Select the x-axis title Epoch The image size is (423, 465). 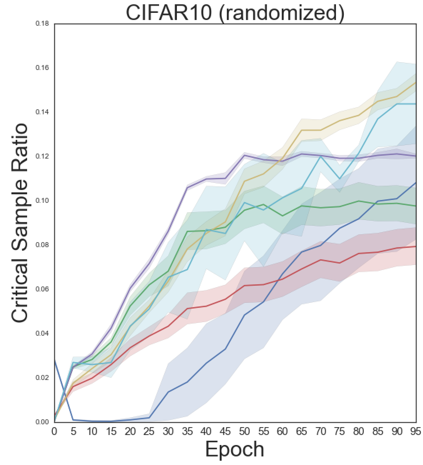[x=235, y=449]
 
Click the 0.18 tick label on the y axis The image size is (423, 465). [x=42, y=24]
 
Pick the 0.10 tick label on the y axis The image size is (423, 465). [x=42, y=201]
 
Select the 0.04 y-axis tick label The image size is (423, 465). [x=42, y=334]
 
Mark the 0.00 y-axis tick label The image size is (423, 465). [x=42, y=422]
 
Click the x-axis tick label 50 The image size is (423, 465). [x=244, y=431]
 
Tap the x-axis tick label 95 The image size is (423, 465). [x=415, y=431]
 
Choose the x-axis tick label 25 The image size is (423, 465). [x=149, y=431]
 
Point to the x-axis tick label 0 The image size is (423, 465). [x=55, y=431]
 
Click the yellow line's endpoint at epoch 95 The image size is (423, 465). [x=416, y=82]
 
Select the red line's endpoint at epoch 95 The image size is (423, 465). [x=416, y=246]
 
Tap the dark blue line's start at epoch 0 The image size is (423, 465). [x=55, y=360]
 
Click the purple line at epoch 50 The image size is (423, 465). [x=244, y=155]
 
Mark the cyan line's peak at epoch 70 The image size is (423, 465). [x=320, y=156]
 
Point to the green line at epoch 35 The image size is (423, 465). [x=188, y=231]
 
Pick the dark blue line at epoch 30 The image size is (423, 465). [x=168, y=392]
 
